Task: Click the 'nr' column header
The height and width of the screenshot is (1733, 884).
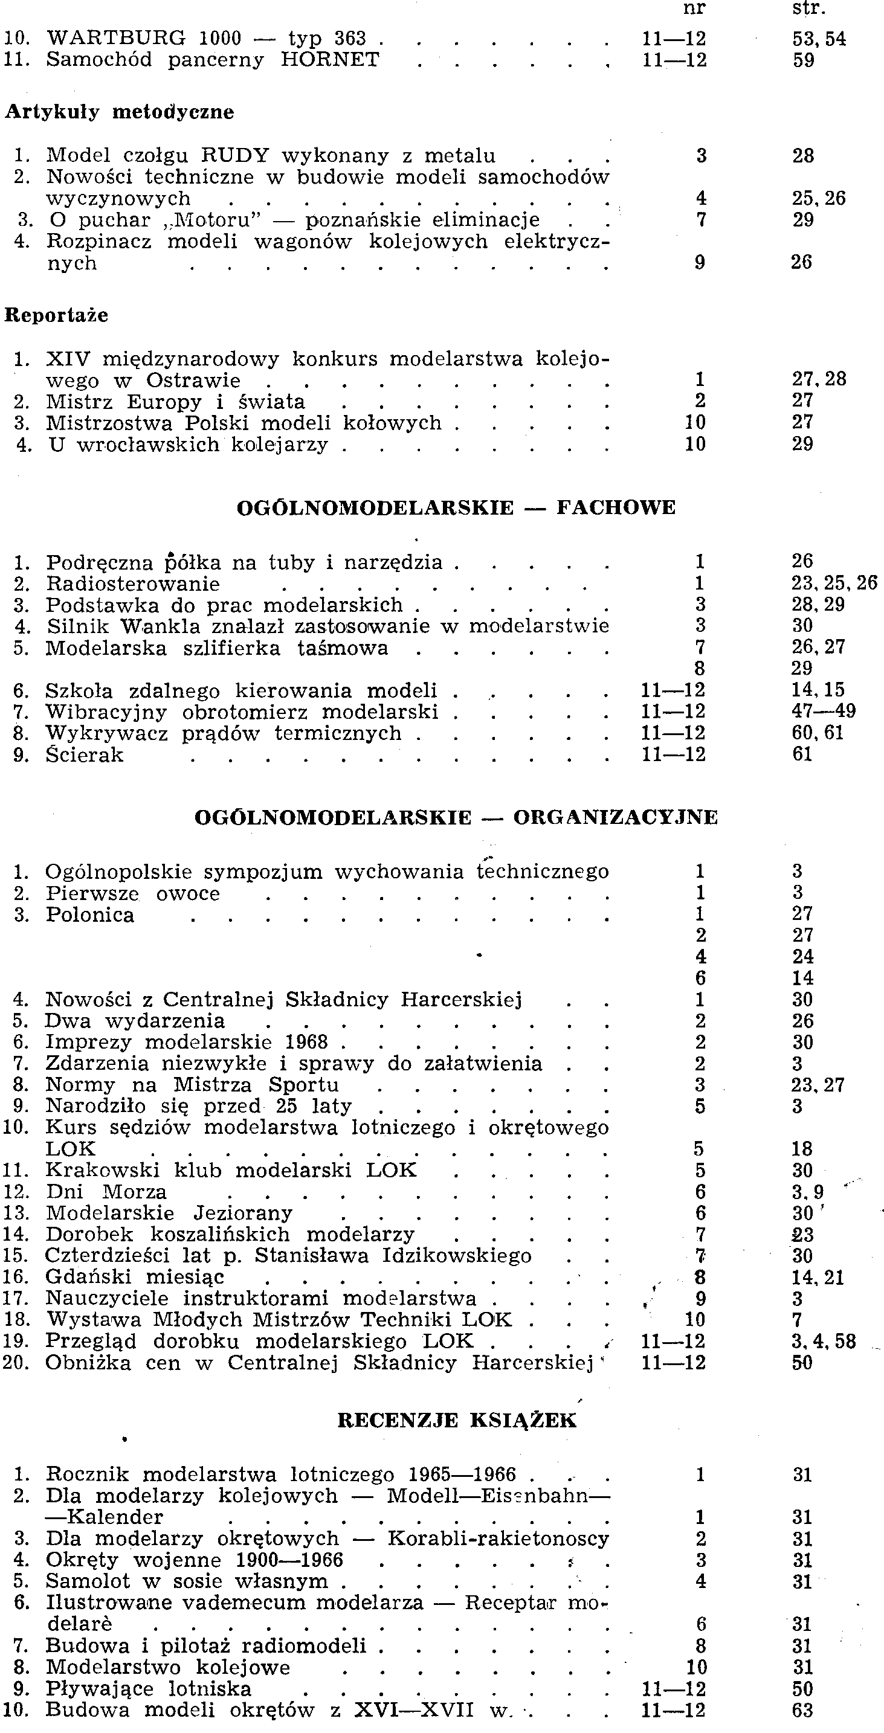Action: coord(694,10)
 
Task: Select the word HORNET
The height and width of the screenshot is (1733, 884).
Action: coord(330,60)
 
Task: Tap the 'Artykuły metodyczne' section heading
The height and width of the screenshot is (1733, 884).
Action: coord(120,112)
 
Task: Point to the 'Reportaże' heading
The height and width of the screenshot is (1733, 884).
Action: coord(57,315)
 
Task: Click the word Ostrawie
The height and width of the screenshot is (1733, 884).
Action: coord(193,381)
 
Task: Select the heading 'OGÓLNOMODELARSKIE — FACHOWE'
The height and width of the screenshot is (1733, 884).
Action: coord(456,507)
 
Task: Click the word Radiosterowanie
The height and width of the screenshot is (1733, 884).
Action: coord(132,584)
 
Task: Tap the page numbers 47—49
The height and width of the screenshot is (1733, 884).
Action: coord(824,711)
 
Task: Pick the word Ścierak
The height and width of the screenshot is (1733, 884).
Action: coord(84,755)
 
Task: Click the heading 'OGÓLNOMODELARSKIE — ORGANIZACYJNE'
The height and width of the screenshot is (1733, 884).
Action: coord(456,817)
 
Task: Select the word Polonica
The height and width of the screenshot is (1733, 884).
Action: coord(89,915)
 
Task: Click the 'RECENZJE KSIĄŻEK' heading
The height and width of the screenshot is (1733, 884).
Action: coord(457,1420)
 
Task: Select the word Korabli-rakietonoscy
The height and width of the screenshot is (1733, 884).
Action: coord(498,1538)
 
